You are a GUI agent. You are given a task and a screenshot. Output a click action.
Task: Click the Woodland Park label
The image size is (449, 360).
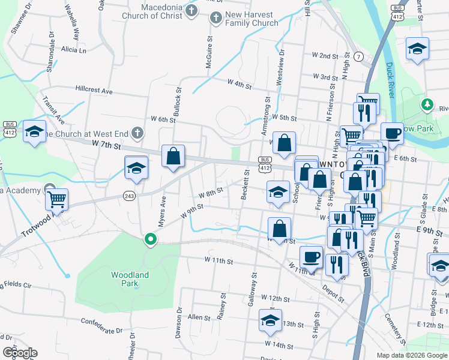pyautogui.click(x=130, y=279)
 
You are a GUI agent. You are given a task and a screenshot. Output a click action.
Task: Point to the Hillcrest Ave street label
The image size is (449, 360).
pyautogui.click(x=94, y=89)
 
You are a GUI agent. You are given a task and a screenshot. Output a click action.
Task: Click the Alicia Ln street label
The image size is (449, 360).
pyautogui.click(x=73, y=50)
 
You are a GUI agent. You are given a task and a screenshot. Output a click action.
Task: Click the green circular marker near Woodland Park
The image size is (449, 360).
pyautogui.click(x=150, y=240)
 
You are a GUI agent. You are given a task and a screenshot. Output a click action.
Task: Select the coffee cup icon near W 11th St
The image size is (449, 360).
pyautogui.click(x=311, y=257)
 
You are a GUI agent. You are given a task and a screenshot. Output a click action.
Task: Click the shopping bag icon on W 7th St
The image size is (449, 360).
pyautogui.click(x=173, y=155)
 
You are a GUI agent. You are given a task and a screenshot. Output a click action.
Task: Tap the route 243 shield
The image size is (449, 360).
pyautogui.click(x=129, y=196)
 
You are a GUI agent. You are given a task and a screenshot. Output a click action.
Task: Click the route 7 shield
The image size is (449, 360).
pyautogui.click(x=358, y=57)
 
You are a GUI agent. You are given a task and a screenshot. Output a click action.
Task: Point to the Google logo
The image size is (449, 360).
pyautogui.click(x=19, y=353)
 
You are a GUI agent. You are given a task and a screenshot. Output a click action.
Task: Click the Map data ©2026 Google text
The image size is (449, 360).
pyautogui.click(x=411, y=355)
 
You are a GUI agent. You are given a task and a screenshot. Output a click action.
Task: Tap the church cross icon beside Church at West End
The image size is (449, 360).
pyautogui.click(x=138, y=132)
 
